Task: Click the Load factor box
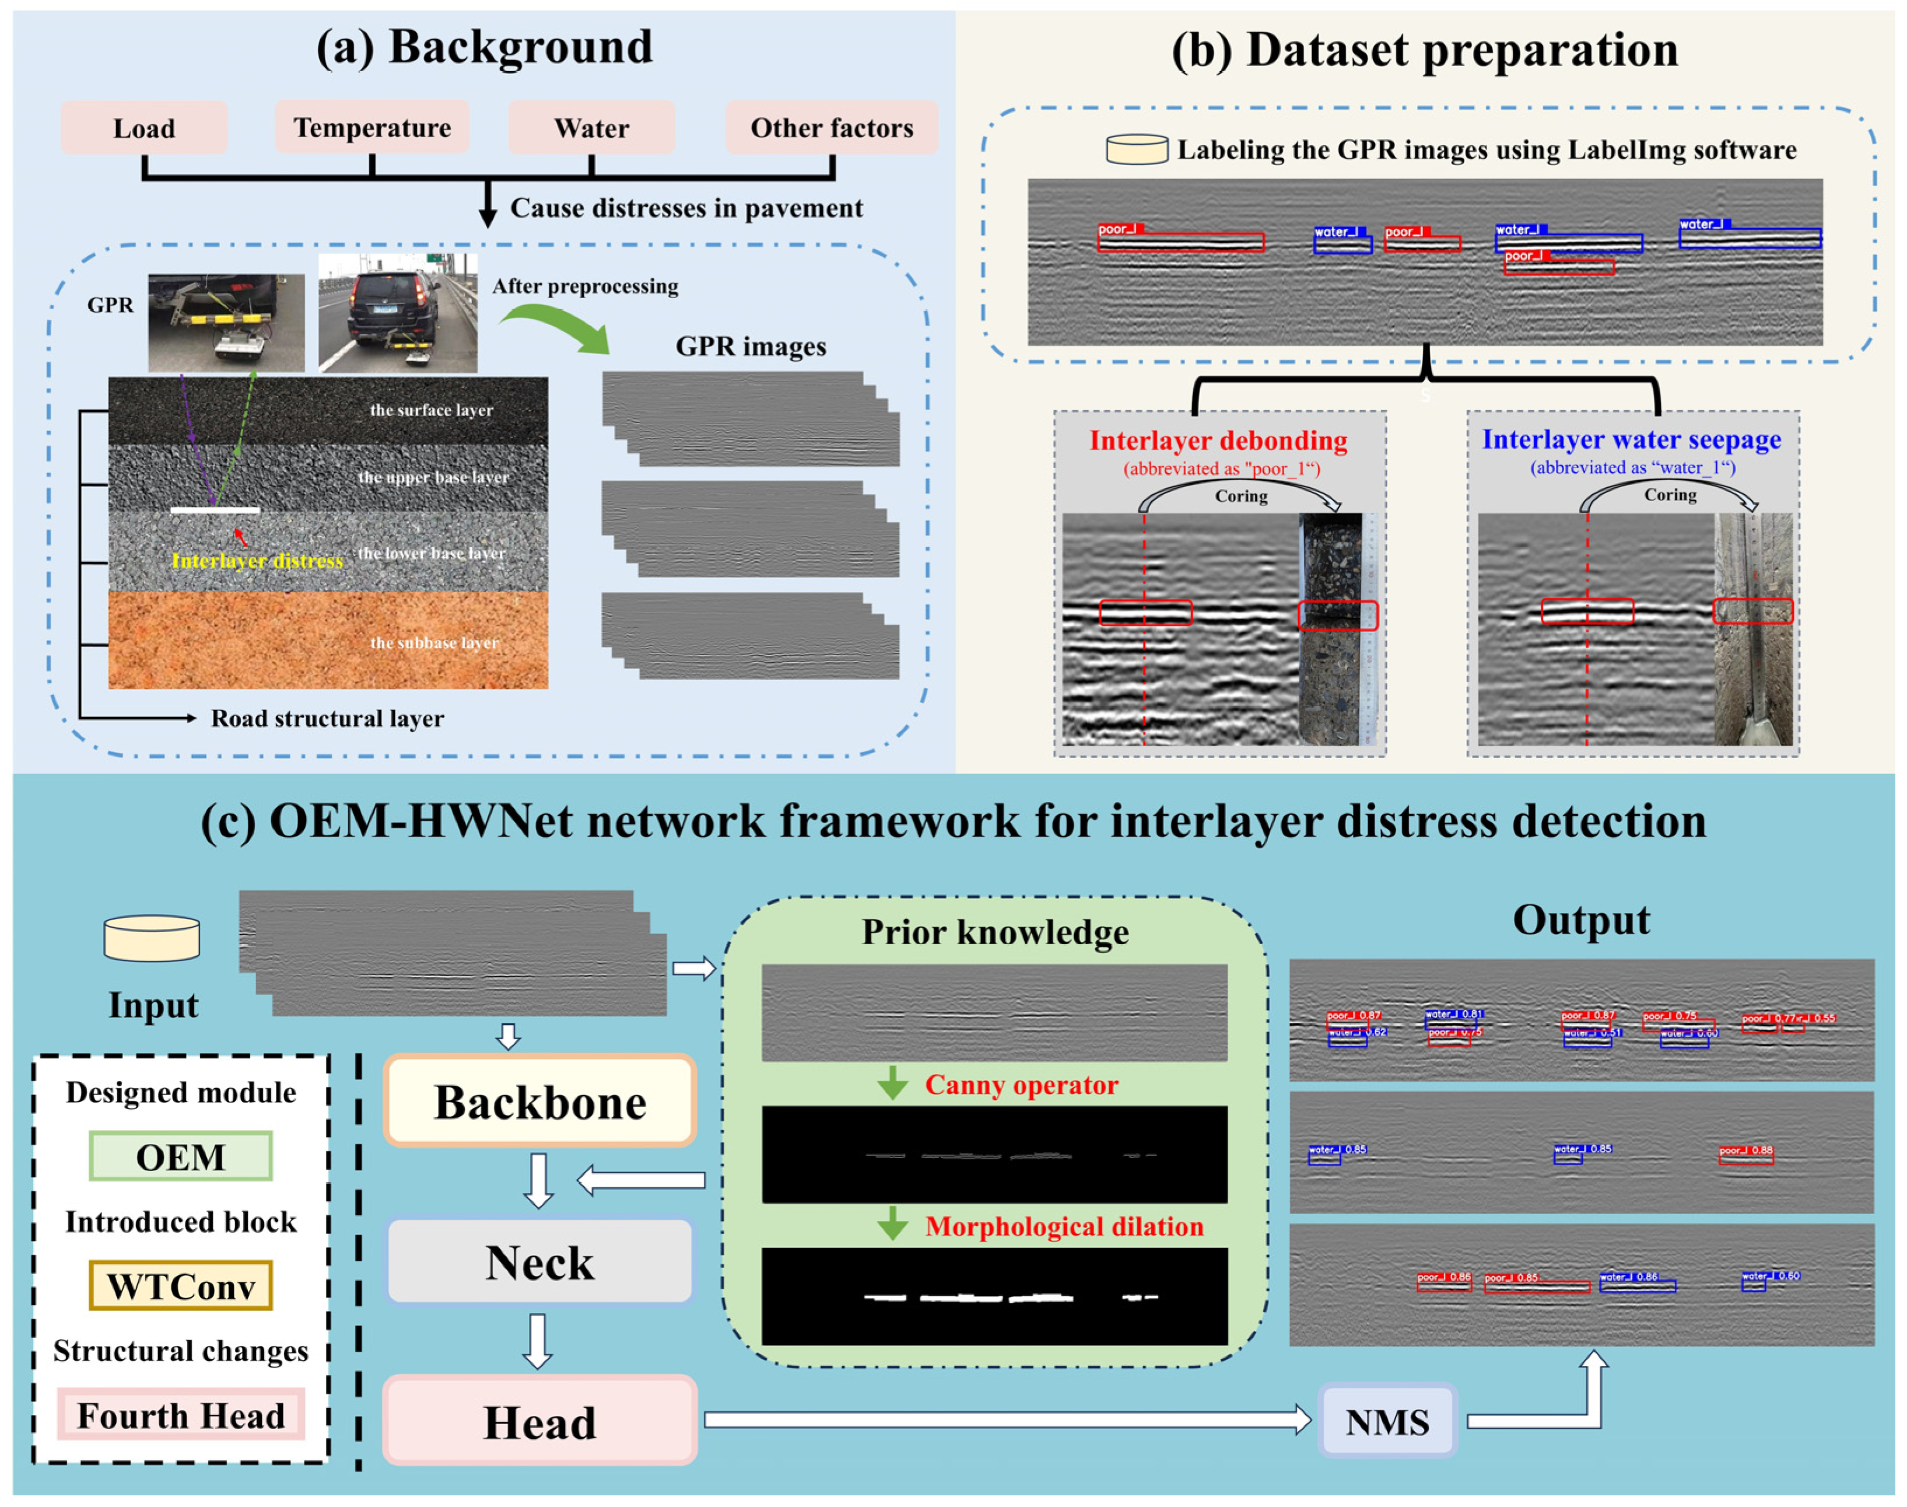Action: (144, 128)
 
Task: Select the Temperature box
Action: (371, 127)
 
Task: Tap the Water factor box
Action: (591, 128)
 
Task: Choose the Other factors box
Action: (831, 127)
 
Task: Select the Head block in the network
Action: (540, 1421)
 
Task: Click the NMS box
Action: (1387, 1421)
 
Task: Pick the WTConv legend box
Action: (181, 1285)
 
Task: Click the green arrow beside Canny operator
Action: (893, 1083)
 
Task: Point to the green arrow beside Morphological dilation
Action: (893, 1224)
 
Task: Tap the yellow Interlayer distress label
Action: (257, 560)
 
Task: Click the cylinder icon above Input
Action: (152, 938)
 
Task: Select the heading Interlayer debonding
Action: (1218, 440)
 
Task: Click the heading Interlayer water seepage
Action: (1631, 439)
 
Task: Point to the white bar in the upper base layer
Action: (215, 510)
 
